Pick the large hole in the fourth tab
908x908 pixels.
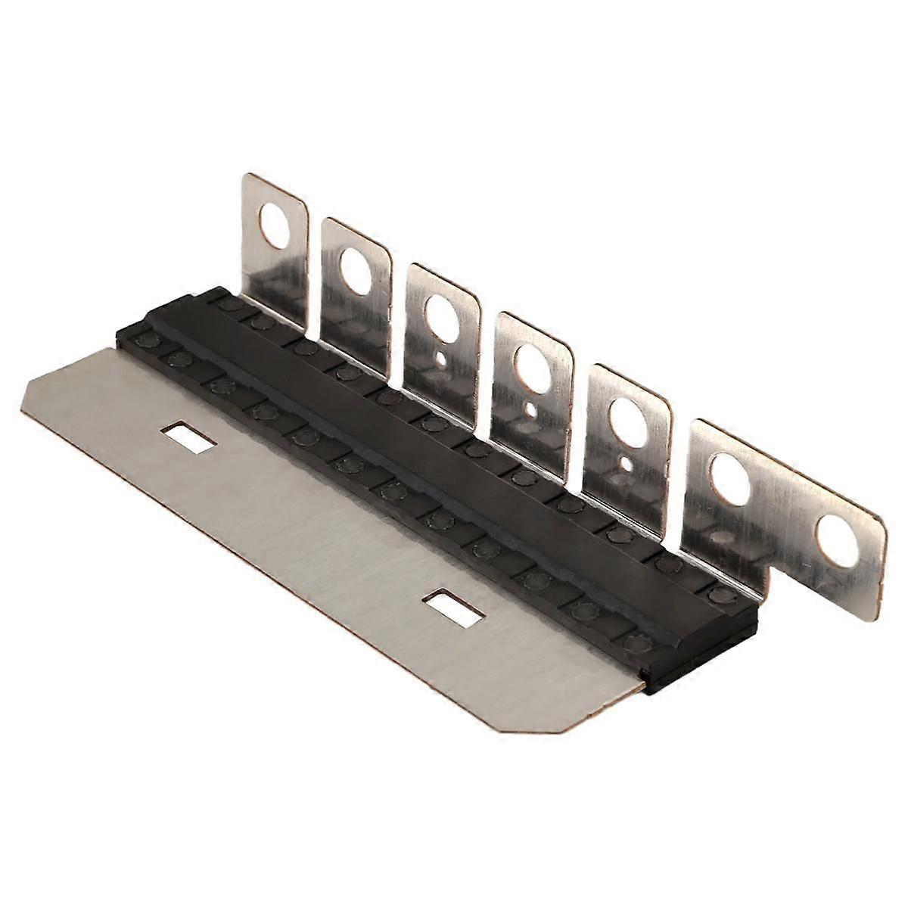pyautogui.click(x=531, y=366)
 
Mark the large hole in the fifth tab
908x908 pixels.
pyautogui.click(x=627, y=415)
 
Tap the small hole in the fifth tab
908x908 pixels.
pyautogui.click(x=626, y=463)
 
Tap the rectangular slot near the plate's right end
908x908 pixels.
pyautogui.click(x=453, y=605)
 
